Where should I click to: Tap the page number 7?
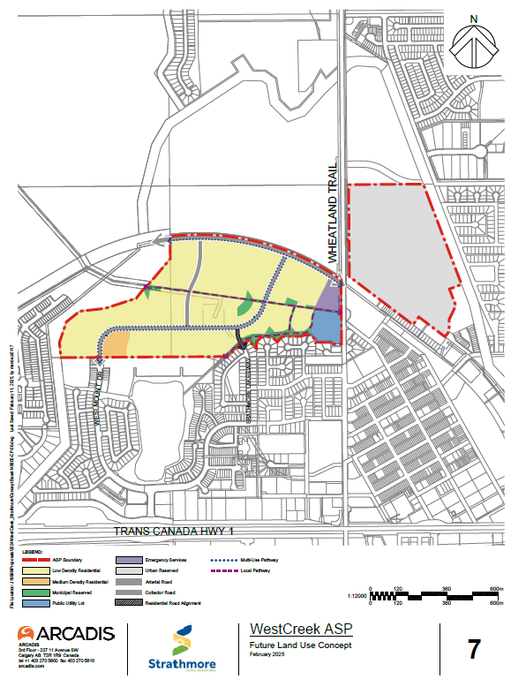click(x=474, y=651)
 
